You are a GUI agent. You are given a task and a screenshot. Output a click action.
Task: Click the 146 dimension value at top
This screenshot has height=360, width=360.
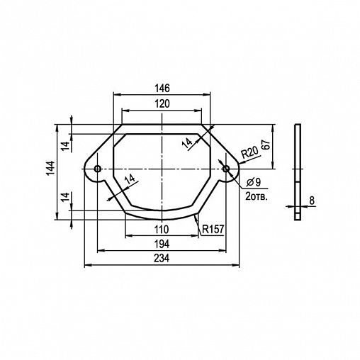[x=162, y=89]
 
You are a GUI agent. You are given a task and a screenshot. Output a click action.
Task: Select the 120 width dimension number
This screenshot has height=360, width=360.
[x=162, y=103]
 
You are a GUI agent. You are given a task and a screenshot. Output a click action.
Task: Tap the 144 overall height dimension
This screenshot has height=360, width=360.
[x=50, y=168]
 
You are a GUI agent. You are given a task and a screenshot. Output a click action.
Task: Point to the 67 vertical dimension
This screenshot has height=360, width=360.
[x=266, y=145]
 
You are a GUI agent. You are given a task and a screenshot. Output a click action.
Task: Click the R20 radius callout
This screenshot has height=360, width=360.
[x=249, y=153]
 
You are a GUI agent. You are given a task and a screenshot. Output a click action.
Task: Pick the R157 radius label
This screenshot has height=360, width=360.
[x=213, y=229]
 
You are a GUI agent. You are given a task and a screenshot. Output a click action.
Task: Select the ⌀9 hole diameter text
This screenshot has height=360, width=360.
[x=253, y=182]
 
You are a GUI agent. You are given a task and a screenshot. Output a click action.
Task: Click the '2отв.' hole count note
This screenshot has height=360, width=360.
[x=257, y=196]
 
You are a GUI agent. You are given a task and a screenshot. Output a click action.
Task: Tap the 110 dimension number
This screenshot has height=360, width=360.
[x=162, y=229]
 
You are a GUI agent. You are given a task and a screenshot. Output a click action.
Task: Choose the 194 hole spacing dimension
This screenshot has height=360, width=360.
[x=162, y=244]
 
